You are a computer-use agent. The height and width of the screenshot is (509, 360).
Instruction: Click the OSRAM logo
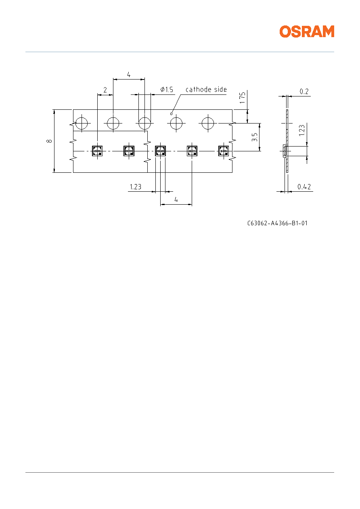point(307,31)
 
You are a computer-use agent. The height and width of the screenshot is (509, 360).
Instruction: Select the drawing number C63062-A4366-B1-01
point(277,223)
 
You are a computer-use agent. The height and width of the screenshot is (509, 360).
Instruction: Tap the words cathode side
point(206,90)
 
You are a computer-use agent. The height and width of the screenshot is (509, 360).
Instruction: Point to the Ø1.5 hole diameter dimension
point(167,90)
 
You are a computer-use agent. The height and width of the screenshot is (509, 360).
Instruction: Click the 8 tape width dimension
point(49,141)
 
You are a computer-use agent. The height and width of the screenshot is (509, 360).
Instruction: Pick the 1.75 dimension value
point(243,98)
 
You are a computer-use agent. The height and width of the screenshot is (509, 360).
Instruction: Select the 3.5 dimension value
point(255,137)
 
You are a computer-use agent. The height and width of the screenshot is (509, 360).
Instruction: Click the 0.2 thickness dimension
point(304,91)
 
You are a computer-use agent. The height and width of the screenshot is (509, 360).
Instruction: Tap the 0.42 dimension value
point(304,187)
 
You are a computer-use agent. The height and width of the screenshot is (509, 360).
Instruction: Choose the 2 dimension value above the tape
point(105,90)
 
